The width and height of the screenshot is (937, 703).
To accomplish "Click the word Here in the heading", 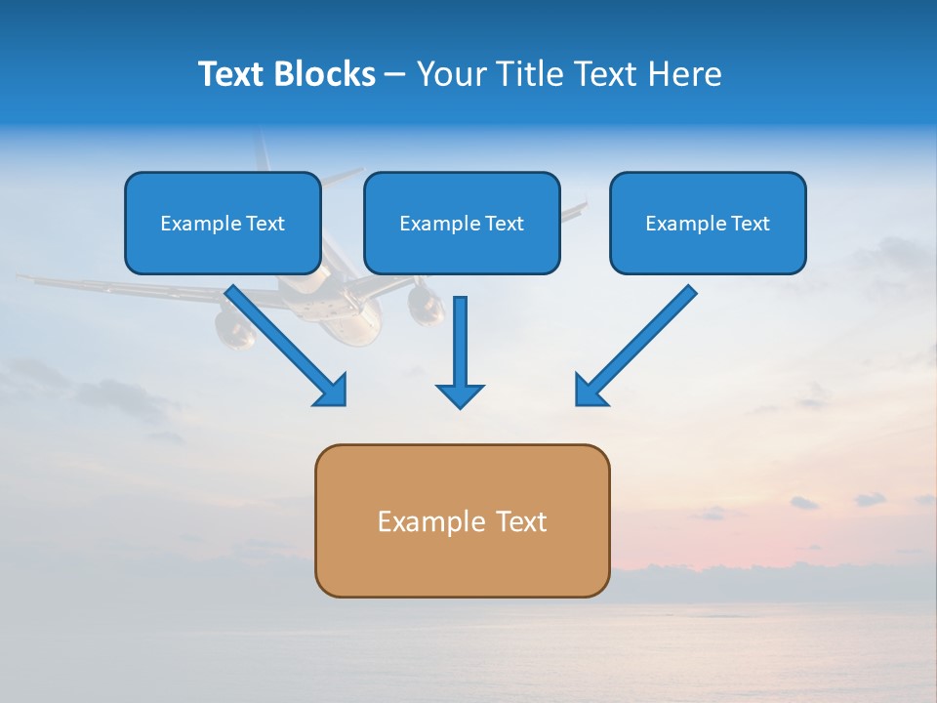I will [684, 74].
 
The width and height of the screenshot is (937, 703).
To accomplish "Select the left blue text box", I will [223, 223].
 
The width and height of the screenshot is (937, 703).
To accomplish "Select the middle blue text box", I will [462, 223].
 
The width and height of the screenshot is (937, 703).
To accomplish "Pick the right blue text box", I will [708, 223].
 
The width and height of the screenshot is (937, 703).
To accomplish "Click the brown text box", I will [462, 520].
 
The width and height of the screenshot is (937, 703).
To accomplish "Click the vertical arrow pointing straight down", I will [460, 351].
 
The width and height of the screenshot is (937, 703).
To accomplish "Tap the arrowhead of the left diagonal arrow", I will [332, 391].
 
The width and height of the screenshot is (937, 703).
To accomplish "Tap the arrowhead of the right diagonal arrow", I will [590, 391].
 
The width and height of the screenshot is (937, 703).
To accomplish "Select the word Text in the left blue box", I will [265, 224].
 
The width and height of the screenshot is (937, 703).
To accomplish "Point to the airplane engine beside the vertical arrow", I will [426, 305].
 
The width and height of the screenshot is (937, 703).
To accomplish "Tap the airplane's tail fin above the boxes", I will [262, 151].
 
